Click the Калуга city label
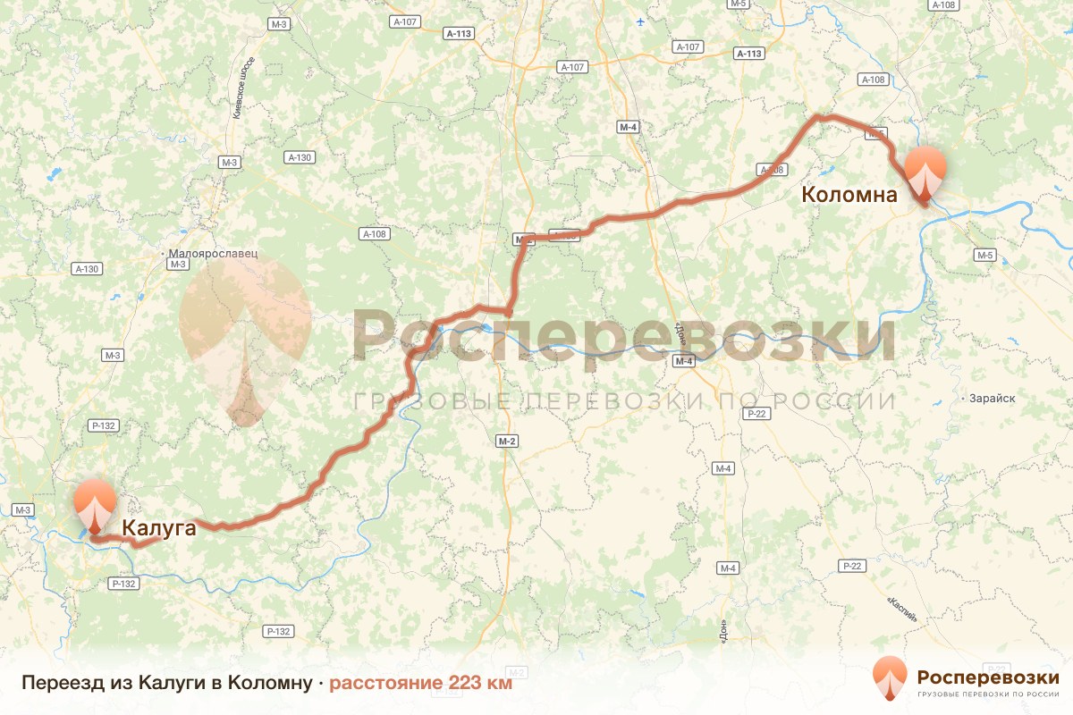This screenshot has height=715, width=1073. point(158,528)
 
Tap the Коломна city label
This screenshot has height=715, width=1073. point(849,194)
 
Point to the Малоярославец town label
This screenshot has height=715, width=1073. point(213,253)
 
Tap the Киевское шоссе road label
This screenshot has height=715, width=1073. point(243,86)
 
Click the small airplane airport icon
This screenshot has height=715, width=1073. point(640,21)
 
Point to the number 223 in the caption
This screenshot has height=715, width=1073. point(465,684)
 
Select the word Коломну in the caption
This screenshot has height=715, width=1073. point(267,684)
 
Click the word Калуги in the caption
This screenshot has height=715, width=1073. point(168,684)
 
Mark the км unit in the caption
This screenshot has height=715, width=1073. point(500,684)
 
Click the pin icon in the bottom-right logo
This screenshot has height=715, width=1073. point(889,678)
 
